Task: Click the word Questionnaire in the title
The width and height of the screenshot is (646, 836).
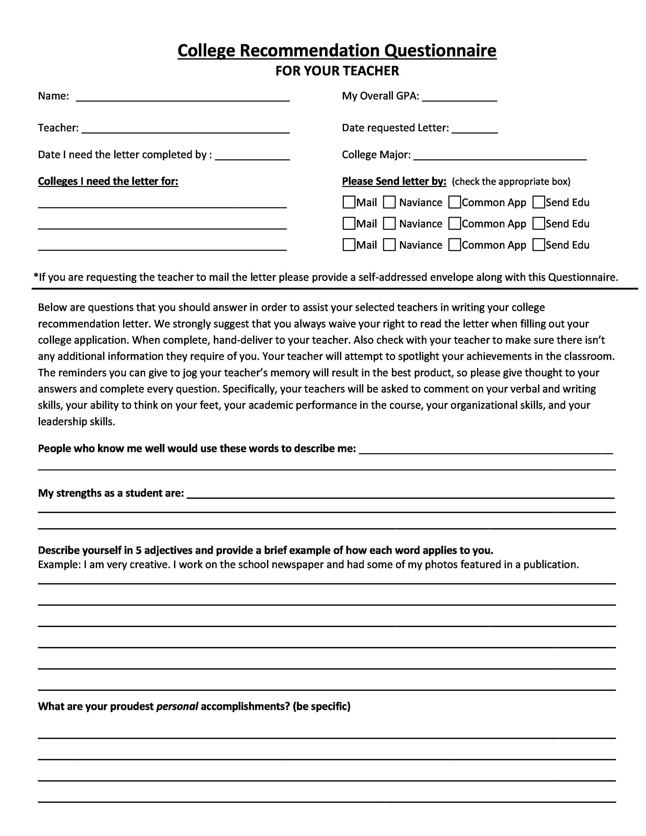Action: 440,50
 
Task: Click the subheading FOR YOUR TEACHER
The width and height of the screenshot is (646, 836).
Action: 337,71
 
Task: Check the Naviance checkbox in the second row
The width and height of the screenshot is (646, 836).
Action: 389,223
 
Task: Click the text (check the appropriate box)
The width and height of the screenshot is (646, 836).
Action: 511,182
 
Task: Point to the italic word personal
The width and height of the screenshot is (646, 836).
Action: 177,706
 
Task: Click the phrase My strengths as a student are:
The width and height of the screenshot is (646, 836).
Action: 111,493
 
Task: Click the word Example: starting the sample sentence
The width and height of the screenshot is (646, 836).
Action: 59,564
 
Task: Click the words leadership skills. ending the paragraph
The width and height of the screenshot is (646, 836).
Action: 77,422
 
